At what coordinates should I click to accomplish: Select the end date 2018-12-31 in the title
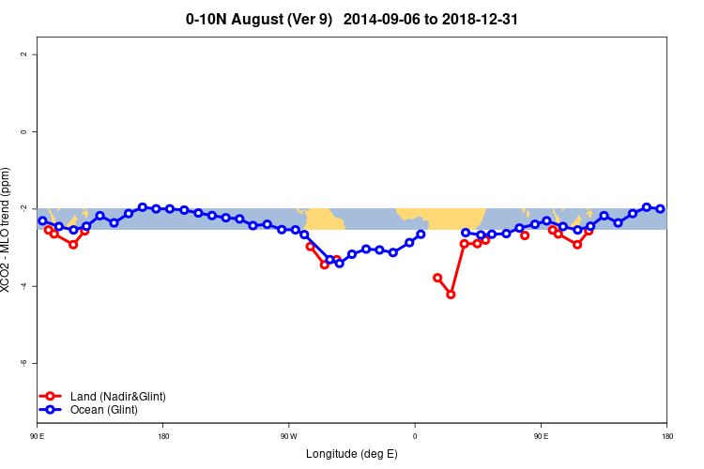[x=481, y=19]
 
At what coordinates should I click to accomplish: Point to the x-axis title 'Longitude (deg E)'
[x=352, y=454]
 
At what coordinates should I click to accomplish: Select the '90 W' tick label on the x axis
[x=289, y=435]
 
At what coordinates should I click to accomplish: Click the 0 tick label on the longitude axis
[x=415, y=435]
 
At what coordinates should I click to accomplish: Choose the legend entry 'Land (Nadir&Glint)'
[x=117, y=397]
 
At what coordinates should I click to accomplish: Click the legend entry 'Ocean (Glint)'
[x=103, y=410]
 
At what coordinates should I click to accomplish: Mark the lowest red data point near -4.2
[x=451, y=295]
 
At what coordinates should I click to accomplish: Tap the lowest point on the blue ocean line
[x=339, y=263]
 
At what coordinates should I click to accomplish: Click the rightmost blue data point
[x=660, y=208]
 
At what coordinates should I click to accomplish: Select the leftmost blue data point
[x=42, y=221]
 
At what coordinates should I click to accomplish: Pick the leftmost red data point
[x=49, y=230]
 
